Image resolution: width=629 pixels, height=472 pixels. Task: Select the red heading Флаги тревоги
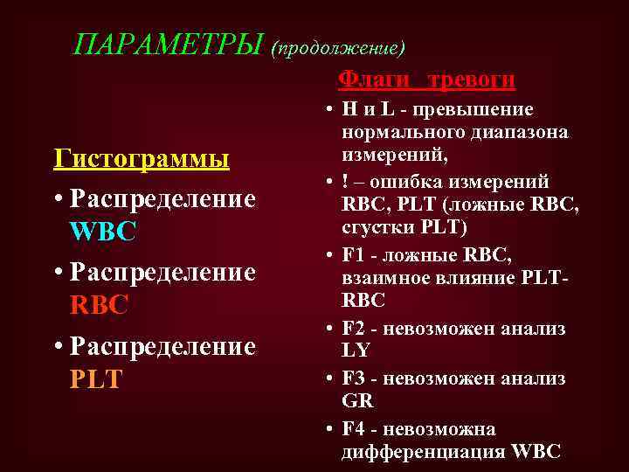(426, 80)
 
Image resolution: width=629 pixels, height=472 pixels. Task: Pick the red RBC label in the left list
(99, 304)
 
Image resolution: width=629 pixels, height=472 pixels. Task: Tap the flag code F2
(353, 329)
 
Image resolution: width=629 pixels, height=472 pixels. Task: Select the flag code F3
(353, 379)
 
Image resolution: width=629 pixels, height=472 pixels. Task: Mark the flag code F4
(353, 429)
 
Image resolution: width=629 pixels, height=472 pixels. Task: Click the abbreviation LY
(356, 350)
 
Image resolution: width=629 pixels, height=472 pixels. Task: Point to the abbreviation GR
(357, 400)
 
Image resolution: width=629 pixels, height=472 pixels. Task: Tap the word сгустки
(376, 228)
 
